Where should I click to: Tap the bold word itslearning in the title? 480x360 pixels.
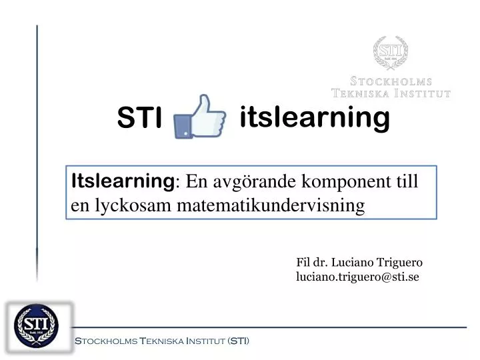(x=314, y=118)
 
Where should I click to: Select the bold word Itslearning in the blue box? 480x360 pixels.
(x=123, y=180)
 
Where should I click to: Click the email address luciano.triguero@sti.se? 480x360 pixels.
(x=357, y=277)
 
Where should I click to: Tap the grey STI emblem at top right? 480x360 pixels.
(x=390, y=53)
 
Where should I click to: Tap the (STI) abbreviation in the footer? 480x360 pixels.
(x=238, y=341)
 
